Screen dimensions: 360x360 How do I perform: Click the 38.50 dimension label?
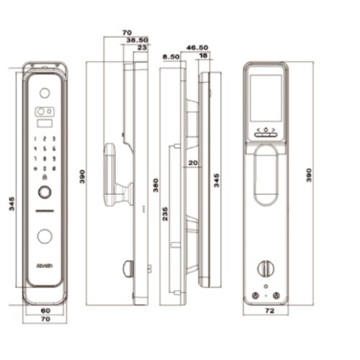(x=136, y=40)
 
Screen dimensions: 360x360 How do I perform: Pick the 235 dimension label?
(x=166, y=214)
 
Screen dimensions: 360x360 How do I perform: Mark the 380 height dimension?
(x=155, y=186)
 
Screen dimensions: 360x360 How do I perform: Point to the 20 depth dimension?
(x=192, y=163)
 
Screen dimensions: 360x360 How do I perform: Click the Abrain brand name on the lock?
(x=44, y=265)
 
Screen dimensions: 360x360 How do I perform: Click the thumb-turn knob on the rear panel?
(x=265, y=268)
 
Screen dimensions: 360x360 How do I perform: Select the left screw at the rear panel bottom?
(x=255, y=296)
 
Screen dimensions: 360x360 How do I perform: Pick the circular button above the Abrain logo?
(x=44, y=235)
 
